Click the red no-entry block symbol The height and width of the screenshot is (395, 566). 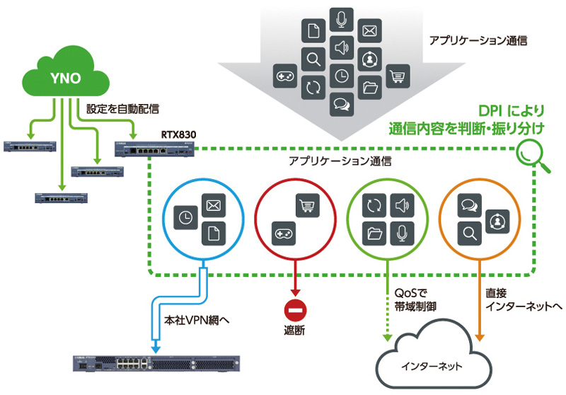pos(294,310)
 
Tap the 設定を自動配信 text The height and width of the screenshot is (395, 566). pos(122,109)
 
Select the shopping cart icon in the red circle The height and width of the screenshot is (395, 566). pos(306,206)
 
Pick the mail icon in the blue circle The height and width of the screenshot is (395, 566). pos(213,206)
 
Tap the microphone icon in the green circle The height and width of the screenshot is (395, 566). pos(402,232)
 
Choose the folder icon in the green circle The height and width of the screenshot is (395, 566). pos(375,232)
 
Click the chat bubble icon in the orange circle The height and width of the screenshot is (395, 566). pos(468,206)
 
